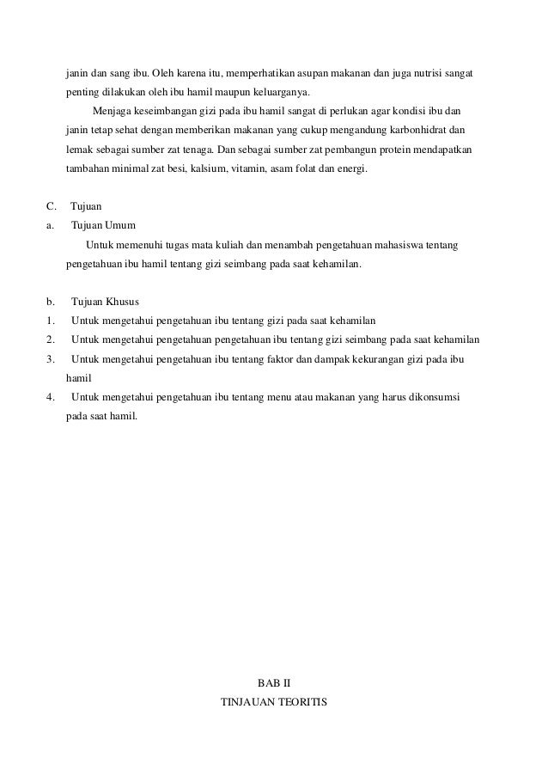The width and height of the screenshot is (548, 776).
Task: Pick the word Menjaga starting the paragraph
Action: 109,111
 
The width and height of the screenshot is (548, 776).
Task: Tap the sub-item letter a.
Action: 50,226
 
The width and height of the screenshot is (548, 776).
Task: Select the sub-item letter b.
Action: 50,302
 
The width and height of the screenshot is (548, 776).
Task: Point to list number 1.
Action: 51,321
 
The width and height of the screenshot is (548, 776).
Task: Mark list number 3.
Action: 51,358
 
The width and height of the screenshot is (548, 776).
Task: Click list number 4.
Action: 51,396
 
